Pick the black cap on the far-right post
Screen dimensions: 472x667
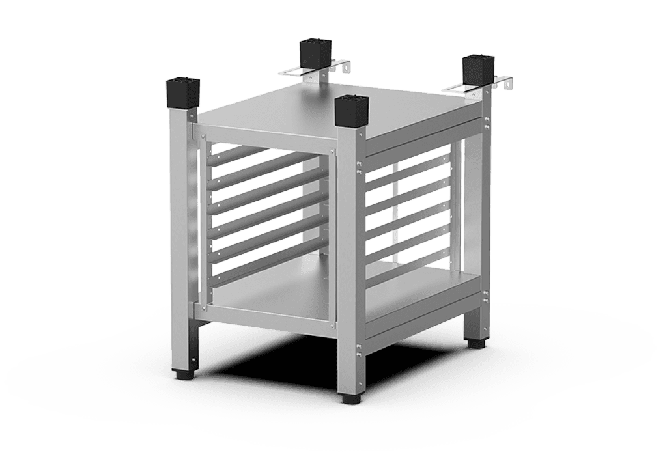click(477, 72)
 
